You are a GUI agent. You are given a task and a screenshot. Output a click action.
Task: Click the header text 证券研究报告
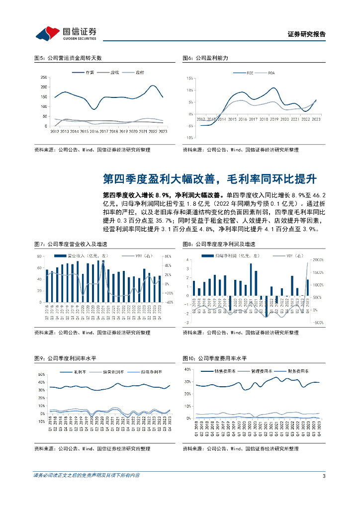[307, 34]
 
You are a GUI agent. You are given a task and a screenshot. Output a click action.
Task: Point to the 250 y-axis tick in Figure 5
[44, 77]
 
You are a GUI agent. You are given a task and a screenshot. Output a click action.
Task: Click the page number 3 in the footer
[324, 476]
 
